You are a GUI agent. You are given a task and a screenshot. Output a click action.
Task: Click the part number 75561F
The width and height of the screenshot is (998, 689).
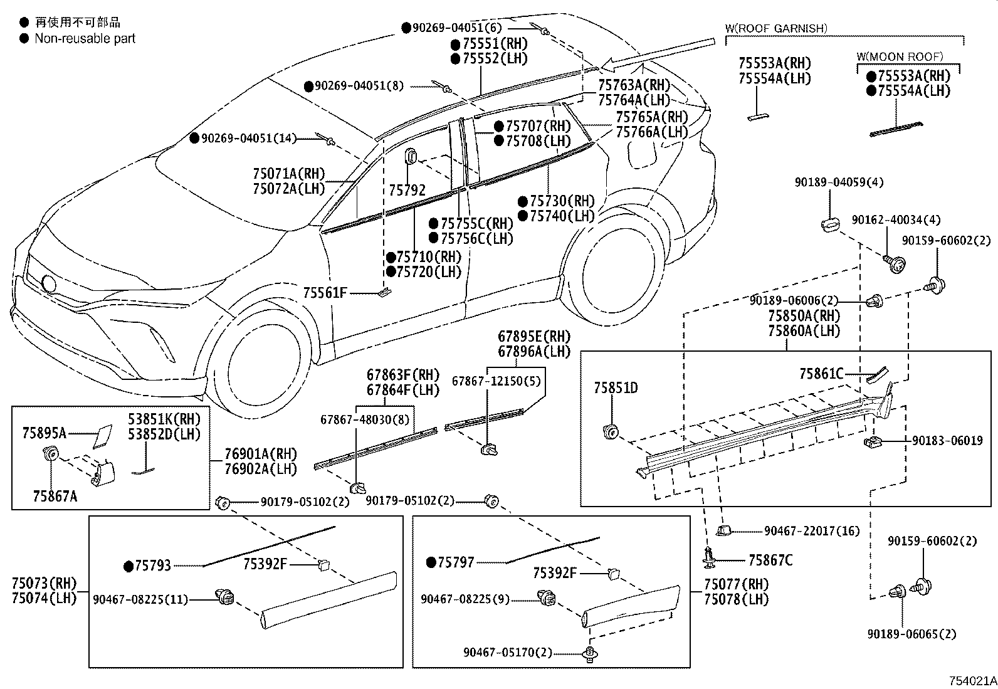[325, 293]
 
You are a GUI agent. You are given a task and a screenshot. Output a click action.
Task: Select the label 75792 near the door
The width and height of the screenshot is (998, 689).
[407, 190]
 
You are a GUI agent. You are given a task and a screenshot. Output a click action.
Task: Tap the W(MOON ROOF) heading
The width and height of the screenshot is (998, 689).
[900, 57]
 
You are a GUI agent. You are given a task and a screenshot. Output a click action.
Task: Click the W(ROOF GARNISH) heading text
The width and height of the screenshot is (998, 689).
[776, 28]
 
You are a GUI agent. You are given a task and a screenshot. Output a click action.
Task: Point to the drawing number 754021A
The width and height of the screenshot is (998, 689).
[972, 681]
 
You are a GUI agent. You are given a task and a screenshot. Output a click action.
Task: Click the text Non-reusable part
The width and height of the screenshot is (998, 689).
[85, 39]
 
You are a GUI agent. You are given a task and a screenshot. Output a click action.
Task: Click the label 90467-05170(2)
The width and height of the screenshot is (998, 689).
[508, 653]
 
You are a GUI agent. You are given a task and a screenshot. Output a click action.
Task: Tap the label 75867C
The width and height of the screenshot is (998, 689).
[770, 560]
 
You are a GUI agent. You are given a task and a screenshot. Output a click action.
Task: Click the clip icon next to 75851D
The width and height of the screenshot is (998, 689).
[609, 431]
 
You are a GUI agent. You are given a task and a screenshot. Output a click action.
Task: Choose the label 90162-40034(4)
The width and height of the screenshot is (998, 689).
[896, 220]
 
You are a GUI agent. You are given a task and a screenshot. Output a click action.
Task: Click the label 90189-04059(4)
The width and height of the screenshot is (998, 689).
[839, 182]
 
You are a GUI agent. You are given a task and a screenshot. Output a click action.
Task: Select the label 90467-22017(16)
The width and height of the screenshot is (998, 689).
[812, 531]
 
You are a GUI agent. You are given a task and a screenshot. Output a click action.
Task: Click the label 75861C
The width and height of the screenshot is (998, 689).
[821, 374]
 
